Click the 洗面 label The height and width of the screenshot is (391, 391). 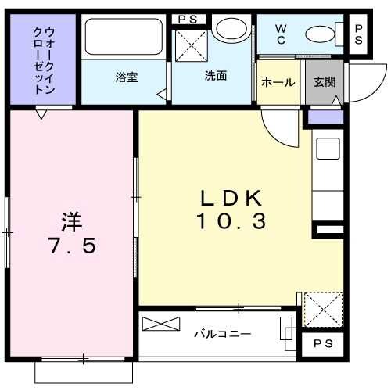216,77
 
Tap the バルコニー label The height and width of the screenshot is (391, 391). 223,334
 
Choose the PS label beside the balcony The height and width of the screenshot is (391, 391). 321,345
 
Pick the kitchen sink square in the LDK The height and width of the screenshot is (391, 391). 327,149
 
